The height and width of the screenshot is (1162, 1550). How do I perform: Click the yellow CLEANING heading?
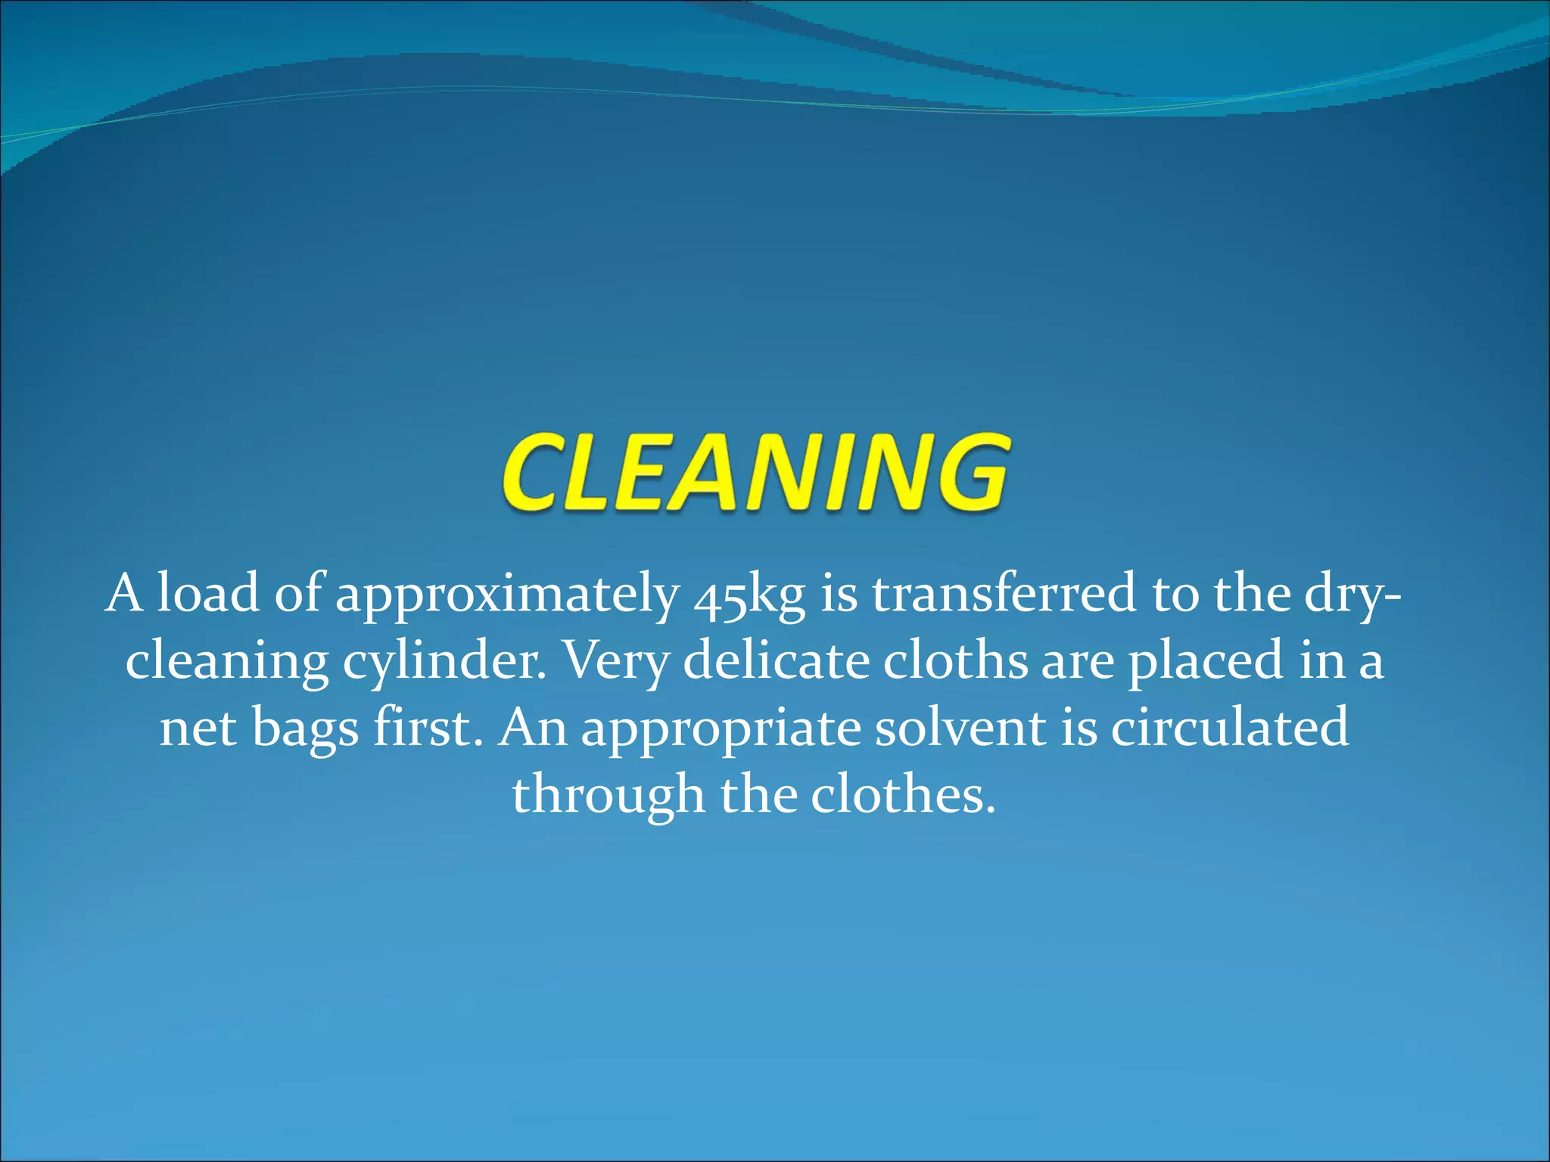754,472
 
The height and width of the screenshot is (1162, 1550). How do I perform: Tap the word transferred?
1004,593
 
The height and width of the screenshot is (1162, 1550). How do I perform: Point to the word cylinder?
444,661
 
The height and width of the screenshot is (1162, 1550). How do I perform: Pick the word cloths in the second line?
955,660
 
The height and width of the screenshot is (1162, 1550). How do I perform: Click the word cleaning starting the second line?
226,661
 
